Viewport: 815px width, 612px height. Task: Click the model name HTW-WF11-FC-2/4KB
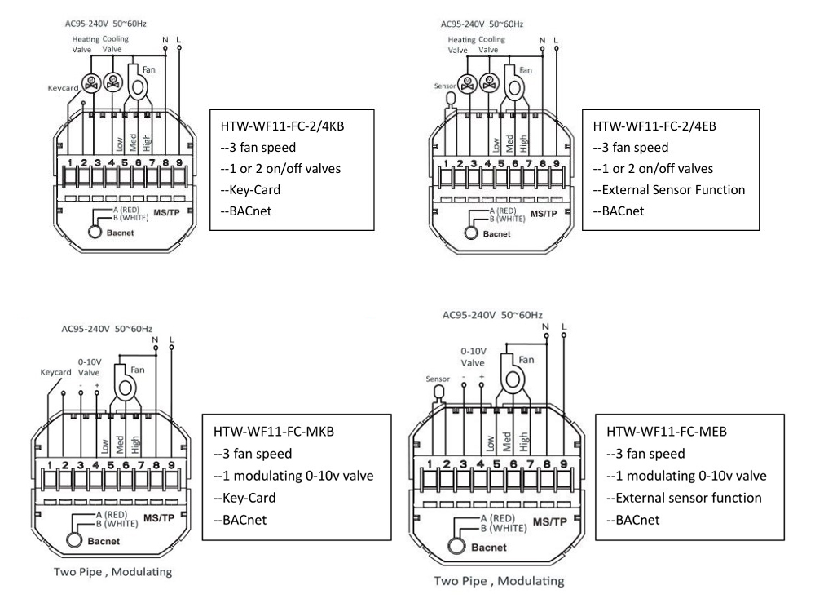(282, 126)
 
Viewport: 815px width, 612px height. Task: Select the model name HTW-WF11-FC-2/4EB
(654, 126)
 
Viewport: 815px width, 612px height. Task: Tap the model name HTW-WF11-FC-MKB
(273, 432)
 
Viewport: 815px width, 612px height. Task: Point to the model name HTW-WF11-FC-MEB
(667, 432)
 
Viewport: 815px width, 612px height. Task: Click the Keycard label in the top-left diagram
(63, 88)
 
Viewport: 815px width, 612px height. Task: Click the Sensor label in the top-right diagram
(445, 86)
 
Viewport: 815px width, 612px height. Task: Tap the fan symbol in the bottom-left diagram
(126, 386)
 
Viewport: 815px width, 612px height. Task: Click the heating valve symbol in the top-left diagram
(91, 82)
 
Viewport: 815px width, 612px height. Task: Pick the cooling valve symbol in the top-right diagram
(488, 82)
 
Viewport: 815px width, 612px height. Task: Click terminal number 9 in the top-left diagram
(178, 162)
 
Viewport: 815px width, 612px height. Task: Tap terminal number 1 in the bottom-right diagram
(430, 464)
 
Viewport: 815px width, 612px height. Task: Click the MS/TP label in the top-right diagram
(544, 214)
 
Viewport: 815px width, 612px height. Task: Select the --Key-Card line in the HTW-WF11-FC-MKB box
(244, 498)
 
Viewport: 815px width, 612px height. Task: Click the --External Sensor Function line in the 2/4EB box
(669, 190)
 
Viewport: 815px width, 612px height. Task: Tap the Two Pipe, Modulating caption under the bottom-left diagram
(112, 572)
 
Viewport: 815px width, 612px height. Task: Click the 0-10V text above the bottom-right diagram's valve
(474, 351)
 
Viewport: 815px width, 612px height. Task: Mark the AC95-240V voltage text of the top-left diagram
(86, 24)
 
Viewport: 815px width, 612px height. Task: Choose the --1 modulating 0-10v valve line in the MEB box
(686, 476)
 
